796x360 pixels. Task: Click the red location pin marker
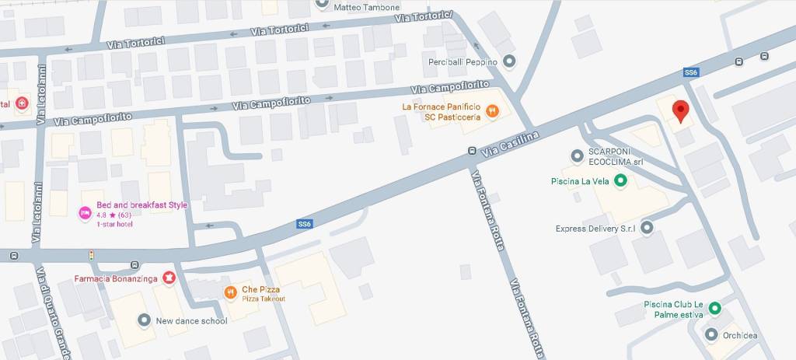[x=680, y=111]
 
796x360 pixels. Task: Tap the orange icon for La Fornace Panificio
[x=492, y=111]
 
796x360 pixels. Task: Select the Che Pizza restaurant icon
[x=231, y=293]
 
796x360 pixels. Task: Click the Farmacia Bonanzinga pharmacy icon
[x=169, y=278]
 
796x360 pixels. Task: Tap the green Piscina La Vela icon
[x=620, y=182]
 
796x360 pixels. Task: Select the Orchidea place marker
[x=710, y=335]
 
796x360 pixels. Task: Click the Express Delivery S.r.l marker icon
[x=646, y=229]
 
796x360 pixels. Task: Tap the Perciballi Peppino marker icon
[x=509, y=61]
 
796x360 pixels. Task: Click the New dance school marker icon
[x=144, y=320]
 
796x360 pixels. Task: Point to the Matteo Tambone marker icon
[x=323, y=3]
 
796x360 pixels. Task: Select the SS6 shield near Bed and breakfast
[x=304, y=224]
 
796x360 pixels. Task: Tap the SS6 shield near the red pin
[x=690, y=72]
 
